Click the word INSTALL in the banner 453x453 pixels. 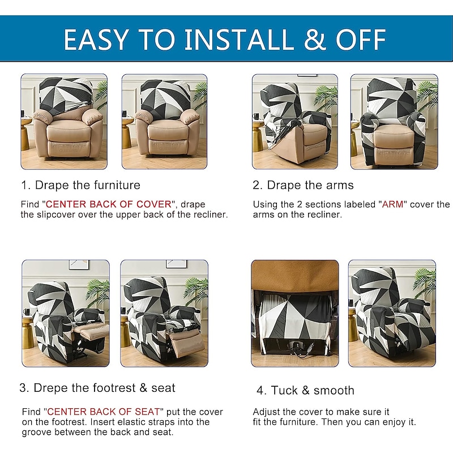click(238, 39)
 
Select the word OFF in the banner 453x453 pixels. click(361, 39)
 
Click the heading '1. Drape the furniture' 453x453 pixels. click(80, 185)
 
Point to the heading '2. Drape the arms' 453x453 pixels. click(303, 185)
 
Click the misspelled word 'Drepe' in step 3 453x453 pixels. click(51, 388)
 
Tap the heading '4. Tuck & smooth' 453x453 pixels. click(305, 390)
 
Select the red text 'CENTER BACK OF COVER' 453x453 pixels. click(109, 204)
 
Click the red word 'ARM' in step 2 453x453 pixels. click(392, 204)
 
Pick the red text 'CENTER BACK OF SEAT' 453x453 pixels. click(104, 412)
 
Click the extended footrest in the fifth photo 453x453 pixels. click(92, 331)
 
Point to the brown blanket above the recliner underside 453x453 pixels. click(294, 275)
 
